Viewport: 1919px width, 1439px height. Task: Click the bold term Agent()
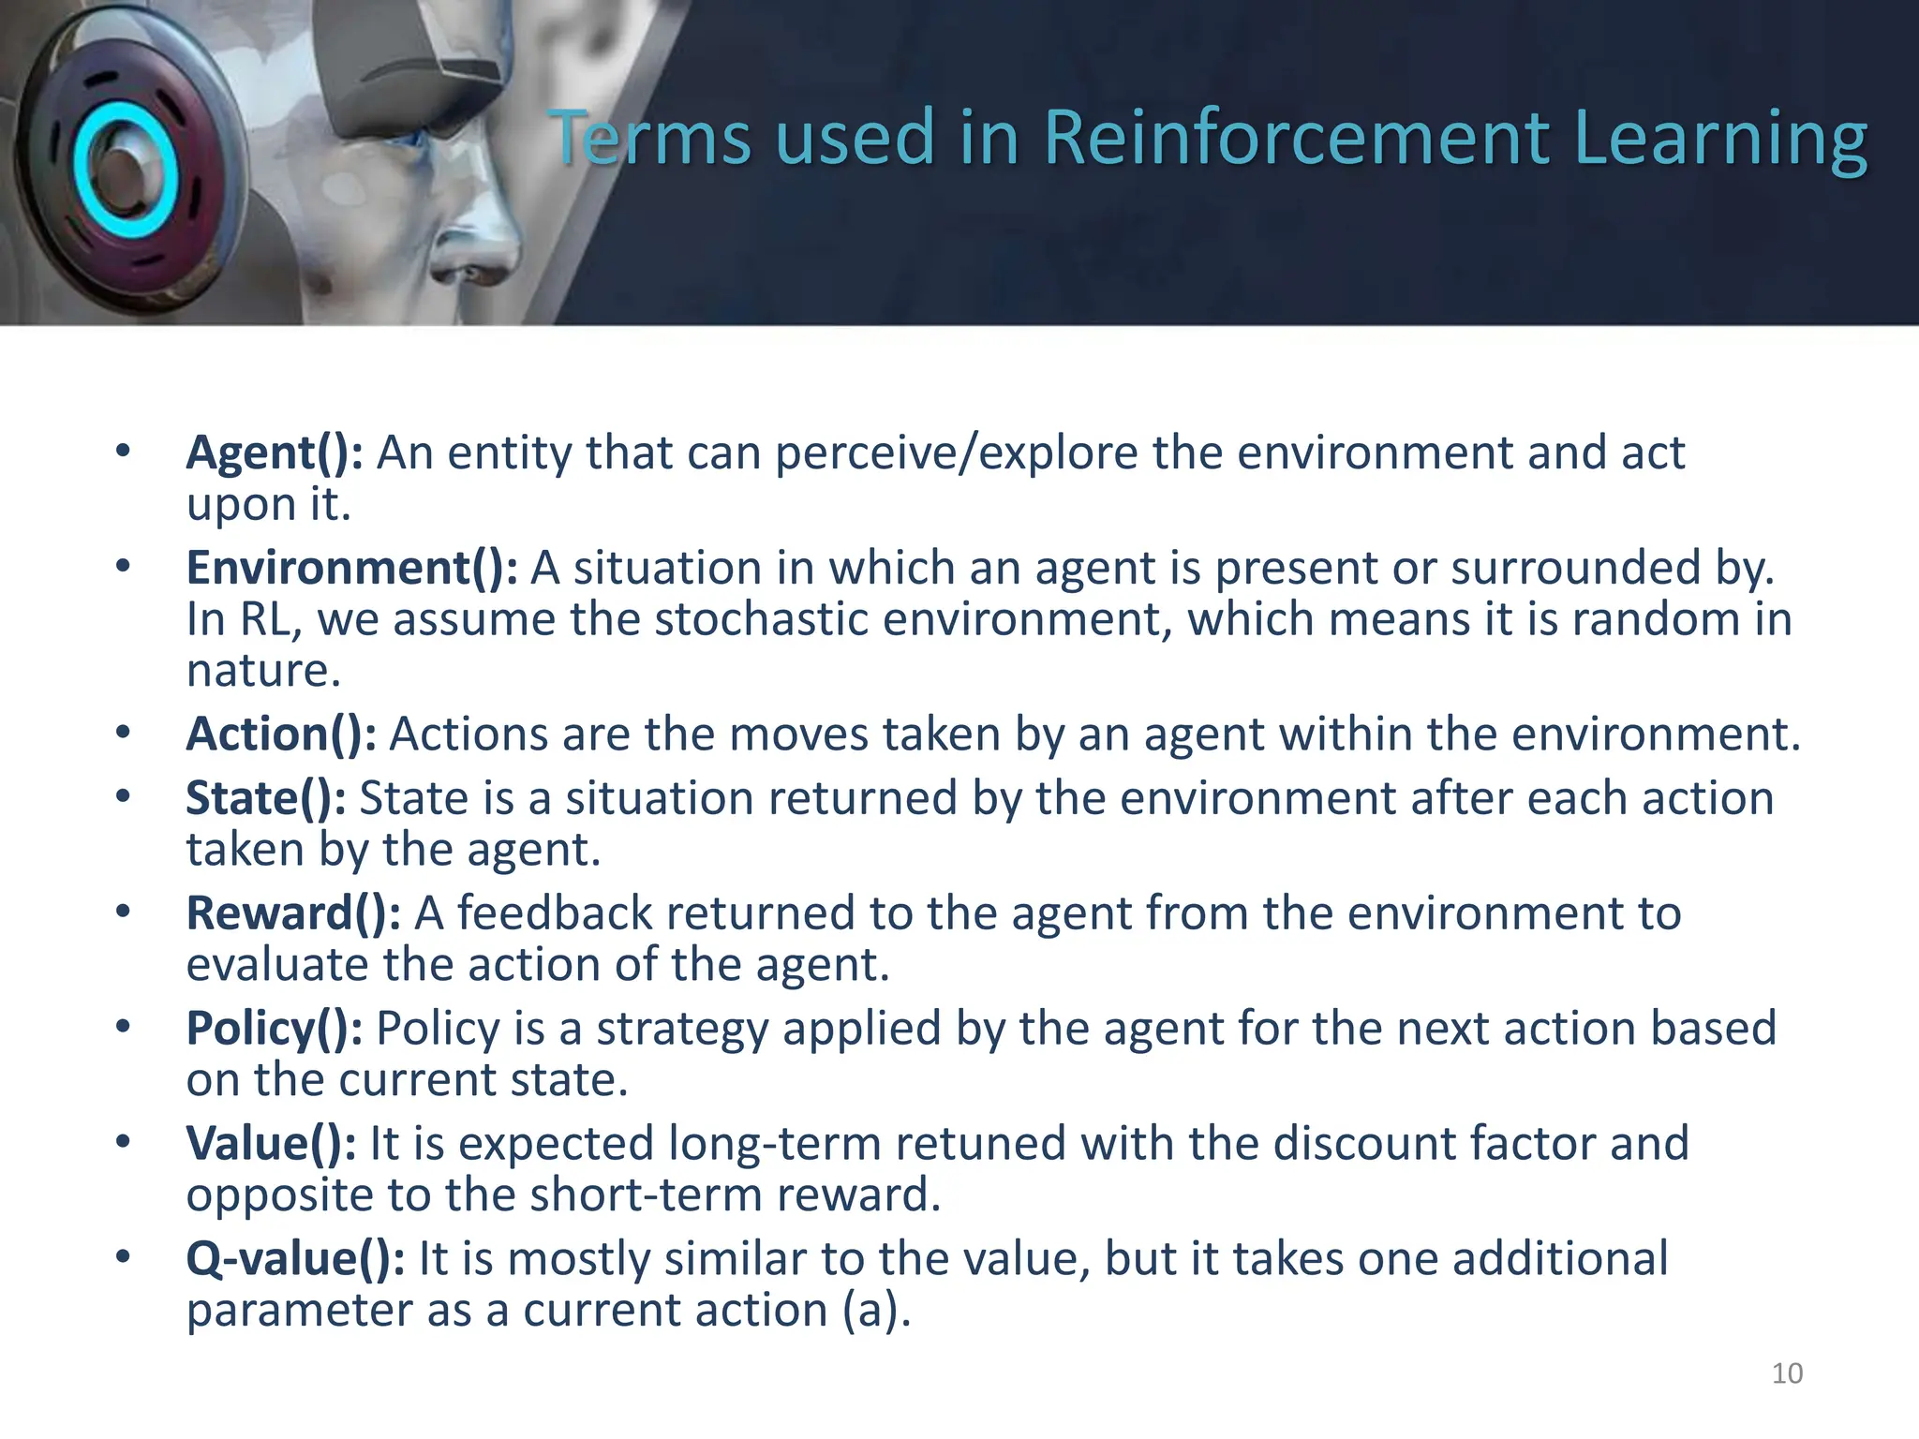(x=275, y=453)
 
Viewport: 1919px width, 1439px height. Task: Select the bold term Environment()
(x=351, y=569)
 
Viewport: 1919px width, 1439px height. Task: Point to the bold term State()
(x=266, y=799)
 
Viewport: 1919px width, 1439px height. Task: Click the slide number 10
(x=1787, y=1373)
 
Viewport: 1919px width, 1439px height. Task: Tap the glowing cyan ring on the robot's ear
(x=122, y=169)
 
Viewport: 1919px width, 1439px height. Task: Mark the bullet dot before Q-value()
(x=123, y=1257)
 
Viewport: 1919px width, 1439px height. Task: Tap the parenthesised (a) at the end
(x=875, y=1311)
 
